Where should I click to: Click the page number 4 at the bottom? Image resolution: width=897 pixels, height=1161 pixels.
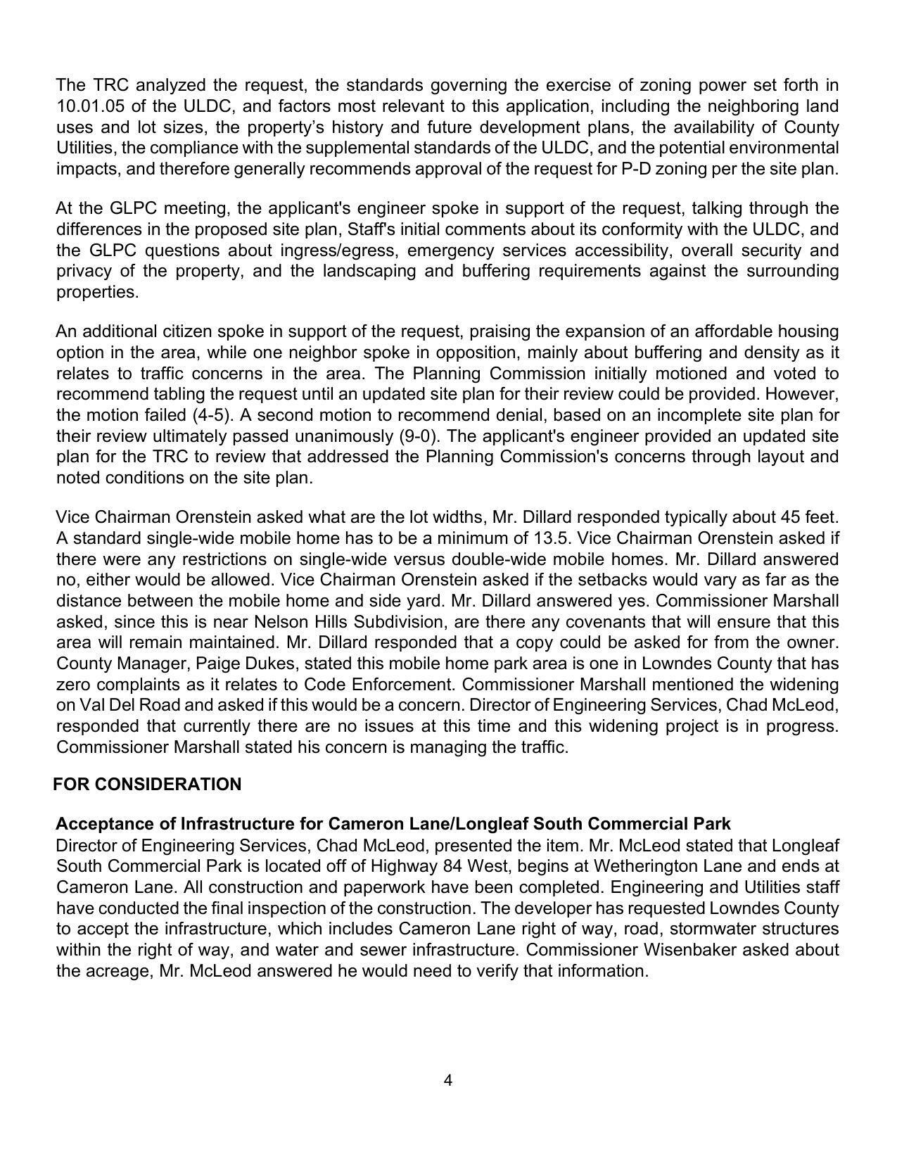(x=448, y=1080)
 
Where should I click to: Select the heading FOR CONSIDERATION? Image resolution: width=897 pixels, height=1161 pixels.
(x=147, y=785)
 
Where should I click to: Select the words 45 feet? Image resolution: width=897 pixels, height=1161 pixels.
(x=808, y=517)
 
